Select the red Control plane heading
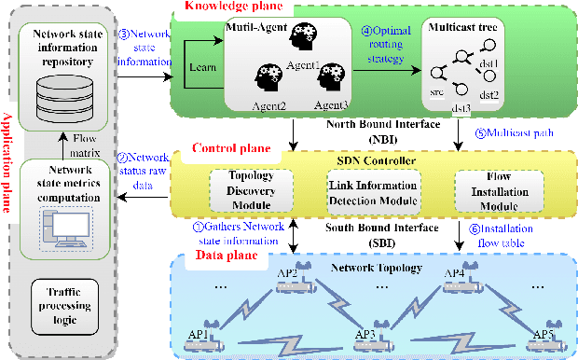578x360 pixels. pos(231,147)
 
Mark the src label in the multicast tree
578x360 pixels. pos(433,93)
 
